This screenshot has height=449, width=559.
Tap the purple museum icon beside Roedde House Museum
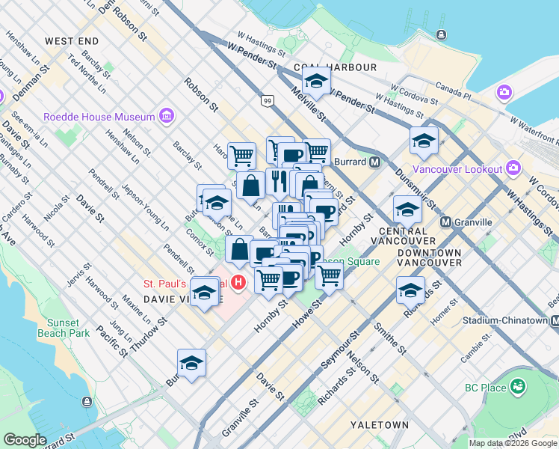pos(166,117)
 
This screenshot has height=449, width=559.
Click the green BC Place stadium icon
pos(517,387)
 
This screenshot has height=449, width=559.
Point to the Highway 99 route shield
pos(267,100)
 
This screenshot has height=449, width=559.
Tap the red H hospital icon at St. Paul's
pos(238,283)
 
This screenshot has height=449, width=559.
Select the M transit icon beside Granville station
pos(445,222)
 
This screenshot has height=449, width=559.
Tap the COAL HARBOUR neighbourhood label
pos(335,67)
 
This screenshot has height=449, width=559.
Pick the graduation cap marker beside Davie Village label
pos(204,293)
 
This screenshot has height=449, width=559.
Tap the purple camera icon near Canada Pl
pos(504,92)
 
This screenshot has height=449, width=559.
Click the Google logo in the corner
pos(25,440)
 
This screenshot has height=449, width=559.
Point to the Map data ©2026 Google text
pos(513,443)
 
